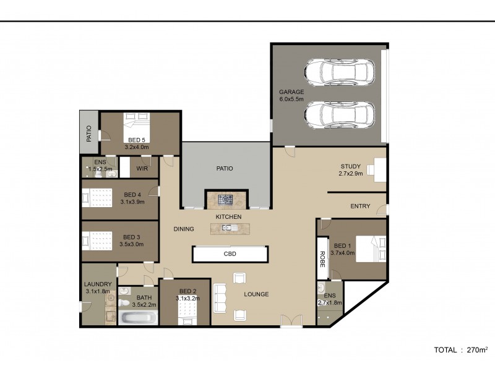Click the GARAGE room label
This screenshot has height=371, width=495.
click(291, 92)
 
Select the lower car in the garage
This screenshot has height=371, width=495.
click(340, 115)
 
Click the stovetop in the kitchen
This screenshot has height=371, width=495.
click(225, 199)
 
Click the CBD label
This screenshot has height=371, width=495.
click(230, 254)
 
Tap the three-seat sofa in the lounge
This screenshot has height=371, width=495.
click(220, 298)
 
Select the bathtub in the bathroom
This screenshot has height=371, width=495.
click(137, 318)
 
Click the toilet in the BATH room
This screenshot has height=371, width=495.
click(124, 303)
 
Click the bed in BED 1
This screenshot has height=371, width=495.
click(371, 249)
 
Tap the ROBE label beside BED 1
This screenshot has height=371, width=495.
click(322, 259)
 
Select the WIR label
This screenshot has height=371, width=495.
click(142, 168)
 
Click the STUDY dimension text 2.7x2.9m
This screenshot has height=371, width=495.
click(351, 174)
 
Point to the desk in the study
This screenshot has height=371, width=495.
click(380, 169)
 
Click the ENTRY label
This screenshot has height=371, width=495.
click(360, 206)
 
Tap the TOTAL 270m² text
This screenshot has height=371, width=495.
click(460, 350)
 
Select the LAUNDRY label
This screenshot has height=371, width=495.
click(98, 284)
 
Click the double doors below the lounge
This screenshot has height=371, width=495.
click(291, 321)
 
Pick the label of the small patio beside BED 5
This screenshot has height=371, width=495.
click(89, 134)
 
